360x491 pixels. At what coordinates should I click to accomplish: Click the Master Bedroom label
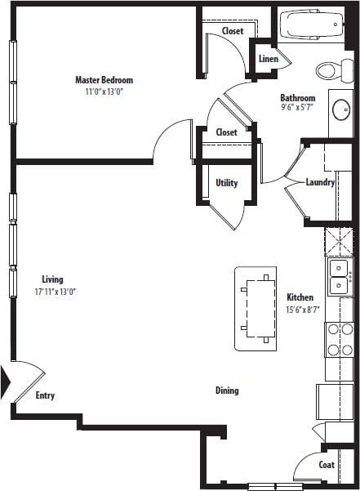pos(104,80)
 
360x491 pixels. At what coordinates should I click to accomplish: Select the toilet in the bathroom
pos(330,69)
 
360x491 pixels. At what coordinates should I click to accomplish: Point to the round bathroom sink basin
pos(341,108)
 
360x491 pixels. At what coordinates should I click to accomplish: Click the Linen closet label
pos(269,59)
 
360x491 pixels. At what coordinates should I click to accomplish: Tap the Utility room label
pos(226,183)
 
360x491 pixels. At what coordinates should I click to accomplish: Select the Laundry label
pos(320,182)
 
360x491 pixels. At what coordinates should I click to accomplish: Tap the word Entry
pos(45,396)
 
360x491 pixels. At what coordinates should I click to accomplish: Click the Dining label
pos(227,391)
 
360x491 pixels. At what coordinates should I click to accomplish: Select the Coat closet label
pos(327,465)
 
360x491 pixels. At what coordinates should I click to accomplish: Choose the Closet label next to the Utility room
pos(226,132)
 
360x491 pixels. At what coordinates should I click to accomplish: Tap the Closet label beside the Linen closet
pos(233,31)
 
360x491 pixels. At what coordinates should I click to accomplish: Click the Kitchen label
pos(300,297)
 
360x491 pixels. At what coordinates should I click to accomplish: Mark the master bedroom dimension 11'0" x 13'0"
pos(104,92)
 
